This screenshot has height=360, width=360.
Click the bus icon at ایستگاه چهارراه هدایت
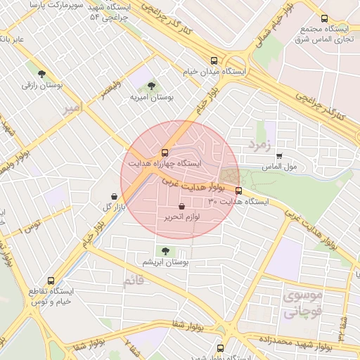(x=165, y=152)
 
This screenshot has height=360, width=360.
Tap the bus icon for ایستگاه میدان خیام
(x=214, y=60)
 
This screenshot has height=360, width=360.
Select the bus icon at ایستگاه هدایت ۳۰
(x=238, y=191)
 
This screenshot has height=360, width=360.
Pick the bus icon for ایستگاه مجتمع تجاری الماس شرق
(x=323, y=19)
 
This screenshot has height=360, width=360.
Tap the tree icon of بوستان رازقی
(x=41, y=73)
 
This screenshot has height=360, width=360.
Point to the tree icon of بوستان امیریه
(x=151, y=86)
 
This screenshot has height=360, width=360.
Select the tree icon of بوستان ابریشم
(x=165, y=250)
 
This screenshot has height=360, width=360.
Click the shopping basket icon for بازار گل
(x=114, y=196)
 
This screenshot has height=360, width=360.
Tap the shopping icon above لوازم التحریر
(x=183, y=207)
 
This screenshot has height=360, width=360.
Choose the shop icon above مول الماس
(x=279, y=156)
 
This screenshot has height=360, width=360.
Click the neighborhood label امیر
(x=72, y=109)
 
